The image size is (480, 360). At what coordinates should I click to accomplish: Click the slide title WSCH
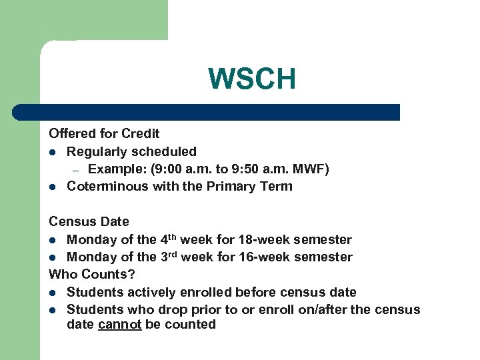251,79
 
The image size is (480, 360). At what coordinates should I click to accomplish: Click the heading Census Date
89,221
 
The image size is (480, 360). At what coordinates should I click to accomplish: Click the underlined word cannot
120,325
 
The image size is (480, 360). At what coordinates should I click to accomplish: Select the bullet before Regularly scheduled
53,153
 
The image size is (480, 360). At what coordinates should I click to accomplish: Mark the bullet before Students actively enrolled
53,293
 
